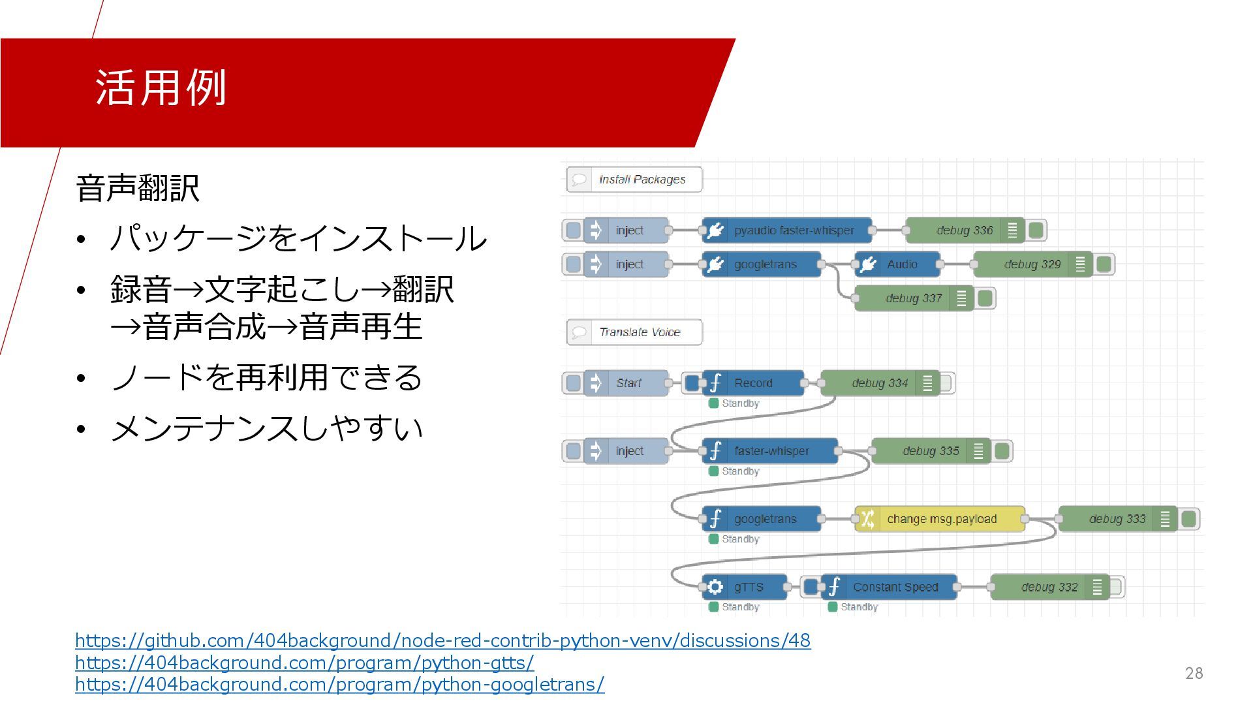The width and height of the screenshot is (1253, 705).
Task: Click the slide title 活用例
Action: click(161, 87)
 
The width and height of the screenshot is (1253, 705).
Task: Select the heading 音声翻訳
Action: click(137, 188)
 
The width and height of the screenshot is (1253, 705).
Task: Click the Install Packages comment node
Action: click(634, 180)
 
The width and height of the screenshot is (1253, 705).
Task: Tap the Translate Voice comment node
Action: click(634, 332)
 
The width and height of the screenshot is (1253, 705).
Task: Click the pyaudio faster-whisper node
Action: click(787, 230)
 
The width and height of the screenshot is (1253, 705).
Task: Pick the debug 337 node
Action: click(913, 298)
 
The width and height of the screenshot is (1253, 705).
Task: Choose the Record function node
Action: click(753, 383)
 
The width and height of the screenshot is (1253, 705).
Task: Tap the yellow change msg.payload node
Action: click(940, 519)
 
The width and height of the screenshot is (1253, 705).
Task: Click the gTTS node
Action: click(745, 587)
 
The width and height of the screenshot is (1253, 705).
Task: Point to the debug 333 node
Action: click(1117, 519)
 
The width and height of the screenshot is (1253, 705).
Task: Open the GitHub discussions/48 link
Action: click(442, 640)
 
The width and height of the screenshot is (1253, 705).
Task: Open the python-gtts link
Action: click(304, 663)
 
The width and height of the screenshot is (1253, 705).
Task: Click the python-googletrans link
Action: click(339, 684)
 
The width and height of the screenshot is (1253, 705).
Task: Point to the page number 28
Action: click(1194, 673)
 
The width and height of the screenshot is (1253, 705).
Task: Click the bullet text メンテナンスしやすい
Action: click(266, 429)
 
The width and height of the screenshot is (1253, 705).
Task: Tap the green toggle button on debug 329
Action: click(1104, 264)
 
